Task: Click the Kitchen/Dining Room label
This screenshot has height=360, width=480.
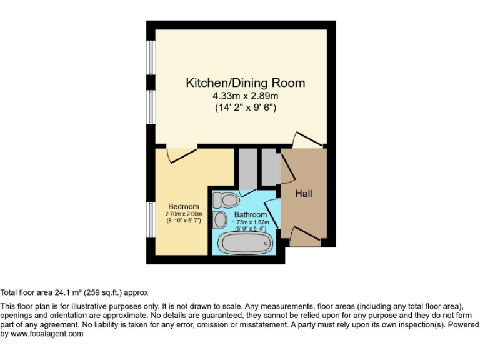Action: [245, 82]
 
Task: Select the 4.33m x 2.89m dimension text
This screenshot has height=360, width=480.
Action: [245, 96]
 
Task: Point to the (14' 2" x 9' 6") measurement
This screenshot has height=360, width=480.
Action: [245, 107]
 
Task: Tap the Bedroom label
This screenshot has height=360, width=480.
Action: [184, 207]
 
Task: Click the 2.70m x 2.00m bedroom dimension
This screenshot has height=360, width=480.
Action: [184, 214]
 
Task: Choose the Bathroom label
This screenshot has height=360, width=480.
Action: [251, 215]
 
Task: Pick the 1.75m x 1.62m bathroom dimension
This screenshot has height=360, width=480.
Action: [251, 222]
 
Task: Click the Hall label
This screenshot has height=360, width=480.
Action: [304, 194]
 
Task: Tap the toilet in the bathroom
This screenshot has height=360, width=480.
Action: [226, 200]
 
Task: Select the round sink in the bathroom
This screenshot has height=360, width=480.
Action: [220, 220]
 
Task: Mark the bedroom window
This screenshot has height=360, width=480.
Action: [150, 219]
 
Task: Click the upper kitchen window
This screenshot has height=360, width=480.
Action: [150, 57]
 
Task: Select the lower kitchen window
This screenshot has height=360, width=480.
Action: [150, 107]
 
